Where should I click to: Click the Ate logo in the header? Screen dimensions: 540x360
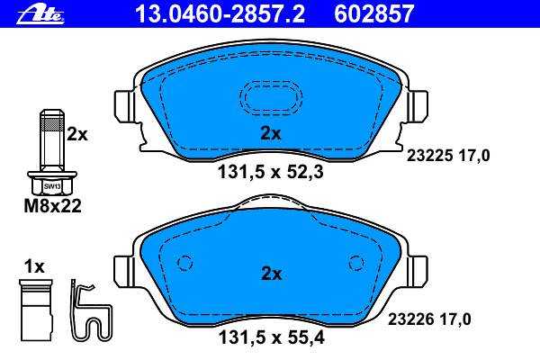(x=40, y=14)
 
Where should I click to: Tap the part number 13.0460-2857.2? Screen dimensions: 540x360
(x=220, y=14)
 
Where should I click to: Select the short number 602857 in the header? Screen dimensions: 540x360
(x=374, y=14)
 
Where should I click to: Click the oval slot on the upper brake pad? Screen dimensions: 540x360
(x=272, y=98)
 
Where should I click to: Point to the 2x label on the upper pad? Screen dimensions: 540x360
(x=271, y=134)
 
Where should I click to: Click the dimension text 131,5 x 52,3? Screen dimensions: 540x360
(x=271, y=172)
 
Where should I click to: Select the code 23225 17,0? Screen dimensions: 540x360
(x=448, y=156)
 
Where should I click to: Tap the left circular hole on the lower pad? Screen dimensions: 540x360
(x=184, y=264)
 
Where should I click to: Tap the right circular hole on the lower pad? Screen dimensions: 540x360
(x=356, y=264)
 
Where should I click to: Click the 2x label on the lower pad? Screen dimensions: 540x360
(x=272, y=274)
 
